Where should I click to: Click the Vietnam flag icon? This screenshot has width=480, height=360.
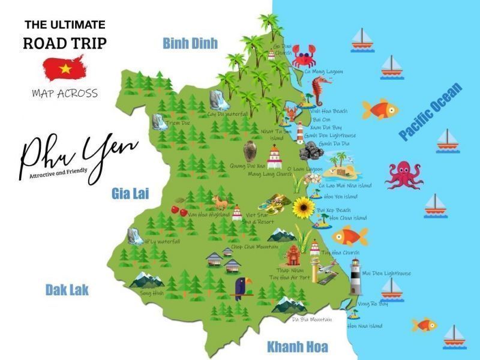click(65, 68)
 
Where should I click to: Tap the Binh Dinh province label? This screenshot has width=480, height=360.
click(190, 43)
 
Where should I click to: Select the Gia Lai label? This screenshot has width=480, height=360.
click(130, 193)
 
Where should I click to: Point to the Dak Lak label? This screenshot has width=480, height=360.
click(67, 290)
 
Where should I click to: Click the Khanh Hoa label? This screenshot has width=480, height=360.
click(298, 347)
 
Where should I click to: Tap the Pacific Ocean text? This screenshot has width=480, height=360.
click(431, 112)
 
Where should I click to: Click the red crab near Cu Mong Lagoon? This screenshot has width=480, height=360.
click(305, 56)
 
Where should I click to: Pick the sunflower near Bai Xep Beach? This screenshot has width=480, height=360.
click(304, 207)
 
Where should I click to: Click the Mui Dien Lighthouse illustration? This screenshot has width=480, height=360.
click(356, 277)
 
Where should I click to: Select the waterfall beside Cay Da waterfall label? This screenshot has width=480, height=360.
click(216, 100)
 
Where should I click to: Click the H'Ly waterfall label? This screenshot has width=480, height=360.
click(161, 241)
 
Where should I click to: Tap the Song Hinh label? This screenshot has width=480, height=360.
click(152, 293)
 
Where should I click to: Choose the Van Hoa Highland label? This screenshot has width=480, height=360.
click(208, 214)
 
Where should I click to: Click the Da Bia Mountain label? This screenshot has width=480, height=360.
click(312, 319)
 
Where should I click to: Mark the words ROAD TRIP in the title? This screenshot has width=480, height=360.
click(65, 44)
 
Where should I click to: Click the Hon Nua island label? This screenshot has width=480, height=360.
click(364, 326)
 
